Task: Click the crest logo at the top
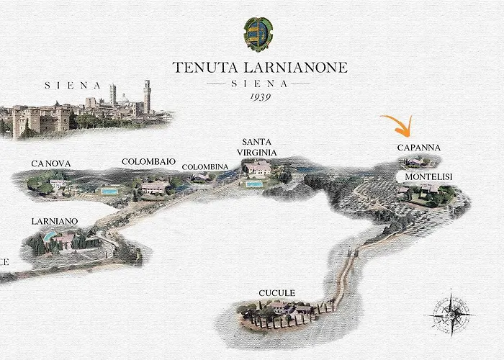click(x=259, y=32)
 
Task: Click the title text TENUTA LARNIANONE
click(x=260, y=68)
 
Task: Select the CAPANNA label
click(x=418, y=148)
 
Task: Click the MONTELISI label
click(x=428, y=176)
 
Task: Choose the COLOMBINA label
click(x=204, y=167)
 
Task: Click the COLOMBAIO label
click(x=149, y=162)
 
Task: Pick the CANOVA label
click(x=50, y=164)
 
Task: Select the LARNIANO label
click(x=55, y=221)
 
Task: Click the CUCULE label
click(x=276, y=293)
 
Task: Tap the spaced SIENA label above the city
click(x=73, y=85)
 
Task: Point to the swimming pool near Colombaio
click(x=109, y=192)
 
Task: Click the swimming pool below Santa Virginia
click(x=253, y=184)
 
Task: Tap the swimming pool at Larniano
click(x=48, y=235)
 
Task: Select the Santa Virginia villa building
click(x=258, y=169)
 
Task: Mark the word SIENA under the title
click(x=260, y=84)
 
